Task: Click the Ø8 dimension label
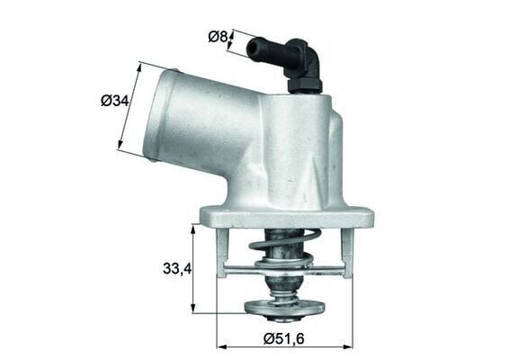(x=216, y=37)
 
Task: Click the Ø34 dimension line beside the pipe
(x=131, y=106)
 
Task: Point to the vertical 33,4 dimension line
(x=193, y=267)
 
